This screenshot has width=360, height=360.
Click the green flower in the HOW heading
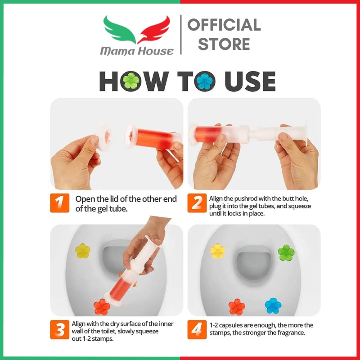click(131, 81)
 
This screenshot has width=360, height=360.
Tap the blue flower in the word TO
click(206, 81)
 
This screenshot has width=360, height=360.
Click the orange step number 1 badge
click(60, 203)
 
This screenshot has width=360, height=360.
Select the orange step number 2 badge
click(197, 203)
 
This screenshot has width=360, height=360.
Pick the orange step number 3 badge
click(60, 330)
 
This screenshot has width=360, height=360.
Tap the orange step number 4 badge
click(197, 330)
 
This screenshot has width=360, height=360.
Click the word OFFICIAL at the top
click(224, 25)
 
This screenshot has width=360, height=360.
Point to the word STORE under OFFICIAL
click(224, 44)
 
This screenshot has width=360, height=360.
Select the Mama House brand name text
click(137, 51)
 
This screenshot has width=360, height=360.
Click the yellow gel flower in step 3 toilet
click(83, 251)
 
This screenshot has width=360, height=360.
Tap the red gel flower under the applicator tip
click(102, 307)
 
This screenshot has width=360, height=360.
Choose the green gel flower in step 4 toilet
click(286, 253)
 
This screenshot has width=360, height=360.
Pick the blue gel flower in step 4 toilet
click(273, 306)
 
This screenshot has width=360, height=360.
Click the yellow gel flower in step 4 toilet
click(218, 251)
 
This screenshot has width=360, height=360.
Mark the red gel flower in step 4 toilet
click(237, 307)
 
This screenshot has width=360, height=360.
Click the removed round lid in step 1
click(104, 137)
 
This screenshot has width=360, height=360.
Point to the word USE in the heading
click(250, 81)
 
